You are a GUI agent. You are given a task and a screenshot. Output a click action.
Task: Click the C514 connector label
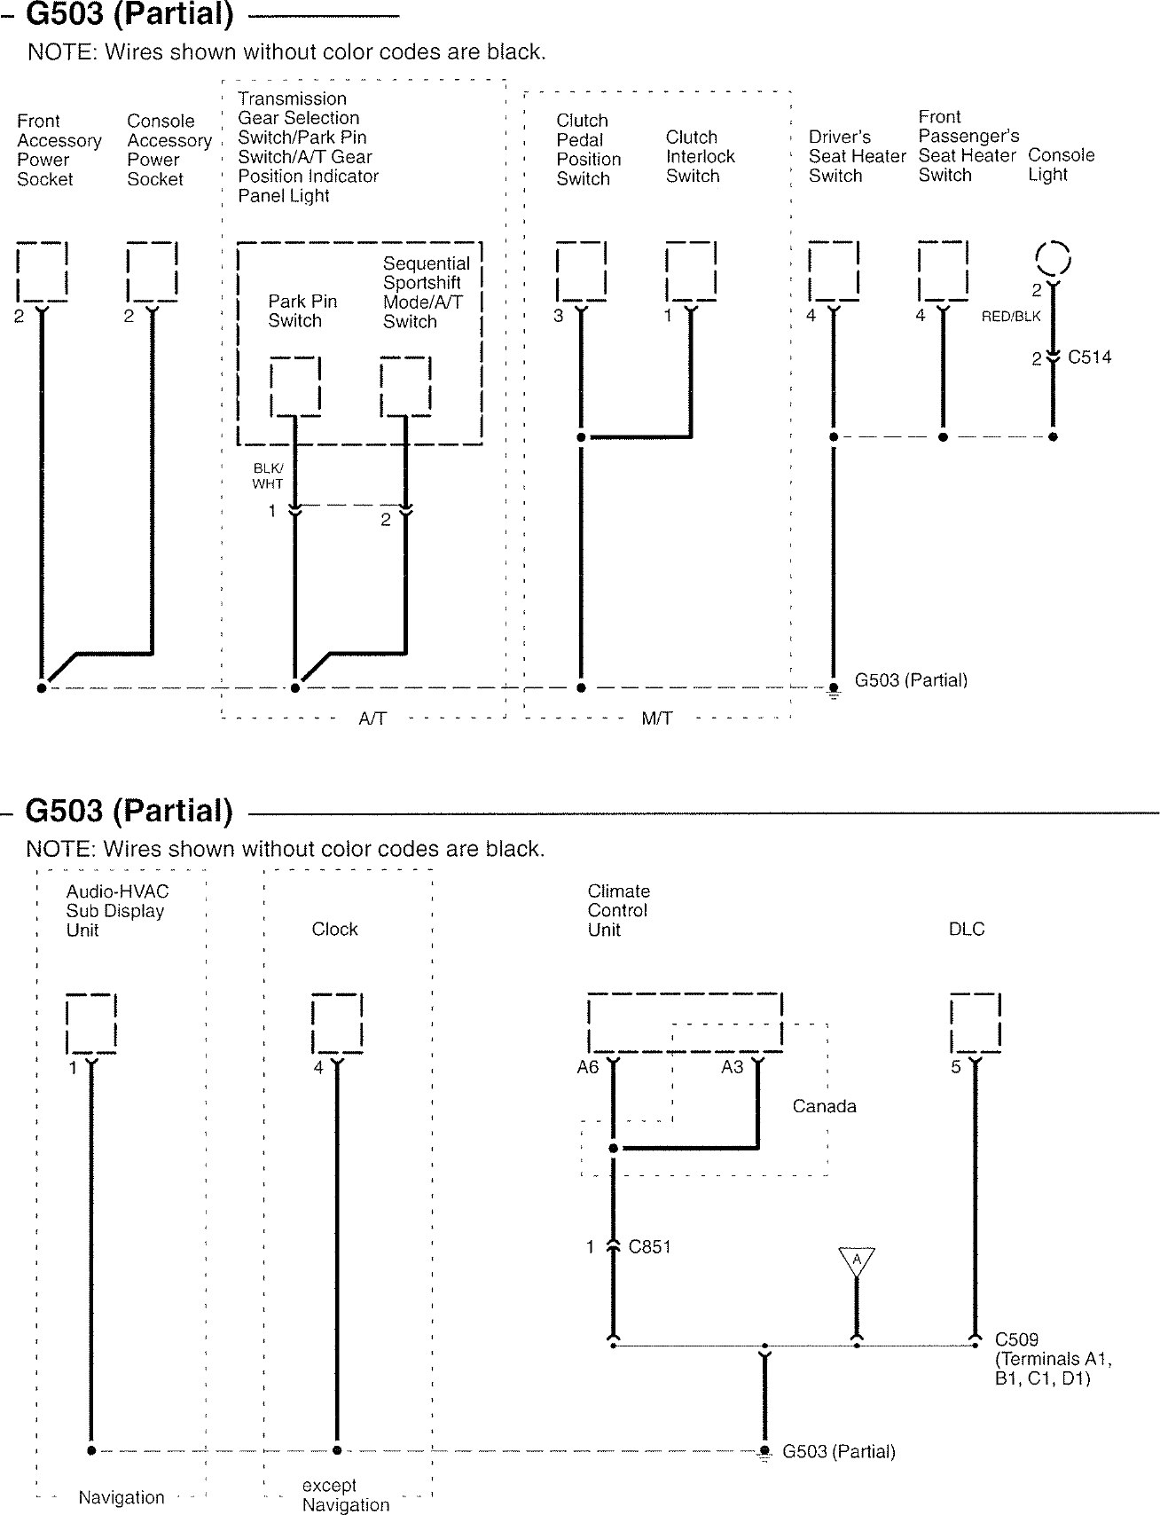coord(1089,357)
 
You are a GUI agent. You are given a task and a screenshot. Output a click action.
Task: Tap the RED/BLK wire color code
coord(1010,317)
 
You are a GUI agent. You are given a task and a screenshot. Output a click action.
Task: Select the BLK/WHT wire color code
coord(268,476)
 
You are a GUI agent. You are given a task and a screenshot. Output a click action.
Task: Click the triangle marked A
coord(857,1260)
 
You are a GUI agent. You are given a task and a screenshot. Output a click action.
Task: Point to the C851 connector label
coord(649,1247)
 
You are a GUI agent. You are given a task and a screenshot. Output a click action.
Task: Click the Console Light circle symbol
coord(1054,259)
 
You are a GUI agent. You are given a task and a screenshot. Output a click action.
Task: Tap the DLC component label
coord(967,929)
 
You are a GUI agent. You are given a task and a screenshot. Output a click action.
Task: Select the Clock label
coord(334,929)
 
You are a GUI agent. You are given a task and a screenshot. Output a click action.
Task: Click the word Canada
coord(824,1106)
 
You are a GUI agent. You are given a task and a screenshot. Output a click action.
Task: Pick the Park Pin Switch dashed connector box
coord(295,387)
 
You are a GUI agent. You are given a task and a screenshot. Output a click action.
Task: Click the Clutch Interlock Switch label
coord(700,156)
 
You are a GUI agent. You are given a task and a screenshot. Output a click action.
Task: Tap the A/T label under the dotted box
coord(372,718)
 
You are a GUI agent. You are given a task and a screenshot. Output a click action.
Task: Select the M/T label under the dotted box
coord(656,718)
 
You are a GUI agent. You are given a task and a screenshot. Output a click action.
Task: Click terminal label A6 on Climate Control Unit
coord(588,1067)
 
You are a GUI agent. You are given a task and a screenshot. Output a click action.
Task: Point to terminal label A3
coord(732,1067)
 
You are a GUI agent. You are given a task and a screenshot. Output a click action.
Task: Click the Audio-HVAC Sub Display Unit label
coord(116,910)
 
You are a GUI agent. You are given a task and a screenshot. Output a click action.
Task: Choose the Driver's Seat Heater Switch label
coord(857,156)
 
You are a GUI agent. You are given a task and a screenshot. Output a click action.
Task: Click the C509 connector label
coord(1016,1339)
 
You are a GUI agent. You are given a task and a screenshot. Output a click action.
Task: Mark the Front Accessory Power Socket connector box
coord(42,271)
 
